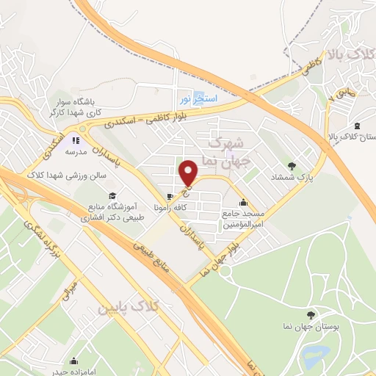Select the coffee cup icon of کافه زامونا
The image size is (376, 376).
170,197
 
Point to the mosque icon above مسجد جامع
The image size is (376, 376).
243,203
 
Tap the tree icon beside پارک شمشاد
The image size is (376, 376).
293,166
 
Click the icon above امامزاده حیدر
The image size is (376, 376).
73,361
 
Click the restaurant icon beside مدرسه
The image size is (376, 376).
74,140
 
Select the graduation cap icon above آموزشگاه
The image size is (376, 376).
112,195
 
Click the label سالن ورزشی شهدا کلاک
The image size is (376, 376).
68,175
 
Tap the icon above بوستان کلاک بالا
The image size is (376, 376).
356,126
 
